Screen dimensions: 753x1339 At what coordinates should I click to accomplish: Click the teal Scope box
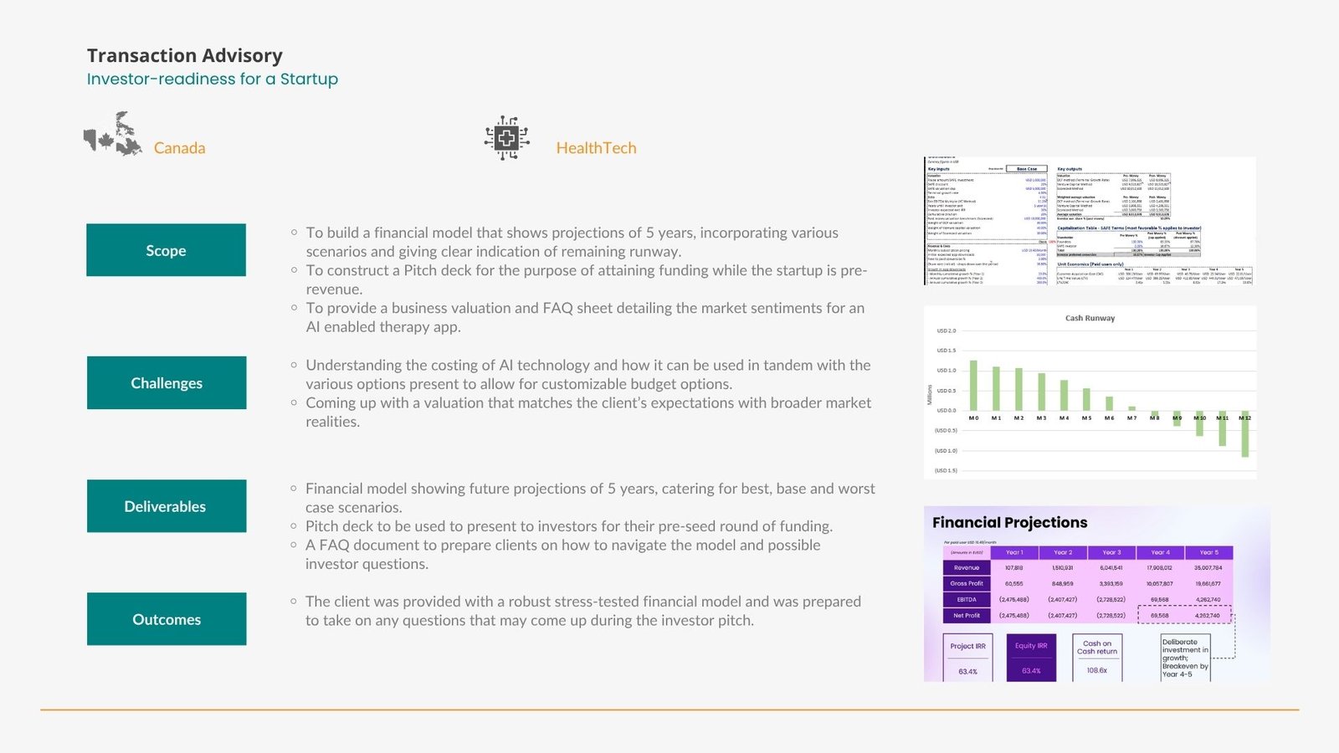166,250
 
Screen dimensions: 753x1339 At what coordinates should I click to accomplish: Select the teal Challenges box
167,382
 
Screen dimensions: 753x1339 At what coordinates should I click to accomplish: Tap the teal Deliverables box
166,506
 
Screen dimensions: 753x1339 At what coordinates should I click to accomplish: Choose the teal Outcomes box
167,619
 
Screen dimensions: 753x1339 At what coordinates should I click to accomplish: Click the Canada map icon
114,135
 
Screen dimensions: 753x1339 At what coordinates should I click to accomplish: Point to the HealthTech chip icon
506,138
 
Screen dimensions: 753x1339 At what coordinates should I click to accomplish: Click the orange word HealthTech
596,148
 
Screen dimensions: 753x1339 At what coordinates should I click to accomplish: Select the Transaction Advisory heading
185,55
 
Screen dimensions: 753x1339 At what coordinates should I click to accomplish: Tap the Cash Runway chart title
1090,318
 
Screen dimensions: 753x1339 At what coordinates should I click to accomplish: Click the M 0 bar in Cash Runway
973,386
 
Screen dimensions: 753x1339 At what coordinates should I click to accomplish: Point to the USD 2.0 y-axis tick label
947,331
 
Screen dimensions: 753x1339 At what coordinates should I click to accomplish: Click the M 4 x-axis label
1064,417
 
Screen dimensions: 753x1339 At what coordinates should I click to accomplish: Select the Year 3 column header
1111,552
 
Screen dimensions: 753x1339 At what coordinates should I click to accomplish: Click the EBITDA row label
967,599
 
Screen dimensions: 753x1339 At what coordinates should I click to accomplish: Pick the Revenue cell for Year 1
1014,568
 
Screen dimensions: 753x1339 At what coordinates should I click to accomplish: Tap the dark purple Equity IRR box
1031,658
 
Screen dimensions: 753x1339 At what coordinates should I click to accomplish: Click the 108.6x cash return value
1097,670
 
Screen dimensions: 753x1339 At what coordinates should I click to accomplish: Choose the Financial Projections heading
1010,522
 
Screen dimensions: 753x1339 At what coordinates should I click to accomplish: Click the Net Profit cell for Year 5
1208,615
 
